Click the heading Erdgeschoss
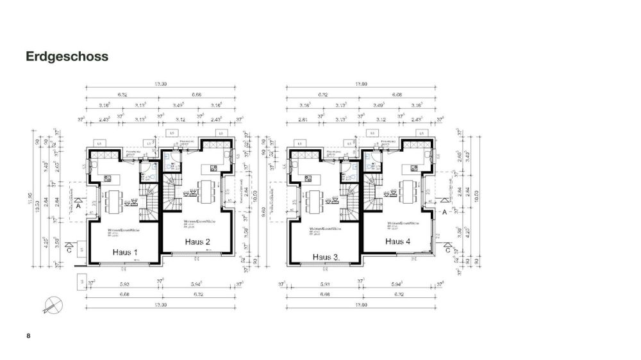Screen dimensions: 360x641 (67, 56)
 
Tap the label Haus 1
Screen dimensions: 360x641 (125, 252)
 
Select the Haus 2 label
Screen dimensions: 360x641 (197, 241)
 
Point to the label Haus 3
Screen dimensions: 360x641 (326, 257)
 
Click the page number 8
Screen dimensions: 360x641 (28, 336)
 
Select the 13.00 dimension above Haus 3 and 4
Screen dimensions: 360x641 (361, 84)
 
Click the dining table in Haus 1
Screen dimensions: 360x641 (113, 202)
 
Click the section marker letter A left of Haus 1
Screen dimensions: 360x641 (78, 207)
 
